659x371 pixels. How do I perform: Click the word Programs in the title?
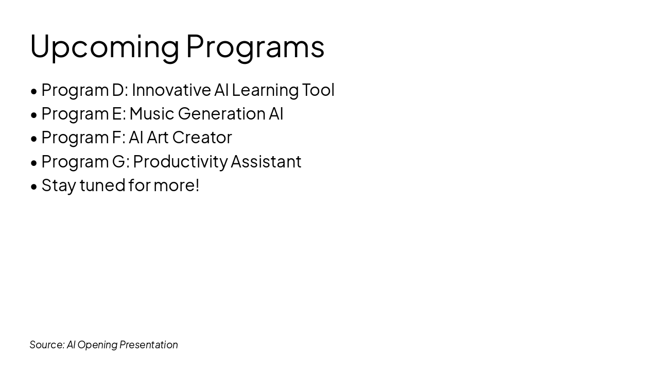pyautogui.click(x=255, y=47)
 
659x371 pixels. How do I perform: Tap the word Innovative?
pyautogui.click(x=171, y=90)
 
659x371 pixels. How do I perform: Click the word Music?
pyautogui.click(x=152, y=114)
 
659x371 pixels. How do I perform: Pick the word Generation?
pyautogui.click(x=221, y=114)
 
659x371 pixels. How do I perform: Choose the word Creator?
pyautogui.click(x=202, y=138)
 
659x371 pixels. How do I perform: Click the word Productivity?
pyautogui.click(x=180, y=162)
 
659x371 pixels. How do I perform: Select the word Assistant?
pyautogui.click(x=266, y=161)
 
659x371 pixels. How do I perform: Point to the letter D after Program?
pyautogui.click(x=118, y=90)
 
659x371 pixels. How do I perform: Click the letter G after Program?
pyautogui.click(x=119, y=161)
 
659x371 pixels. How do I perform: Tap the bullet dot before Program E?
pyautogui.click(x=34, y=115)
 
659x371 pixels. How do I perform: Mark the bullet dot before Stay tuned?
pyautogui.click(x=34, y=187)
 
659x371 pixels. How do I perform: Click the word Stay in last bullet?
pyautogui.click(x=59, y=186)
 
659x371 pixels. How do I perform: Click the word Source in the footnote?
pyautogui.click(x=47, y=345)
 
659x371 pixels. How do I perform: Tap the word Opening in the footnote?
pyautogui.click(x=98, y=345)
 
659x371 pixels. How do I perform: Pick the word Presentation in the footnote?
pyautogui.click(x=149, y=345)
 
